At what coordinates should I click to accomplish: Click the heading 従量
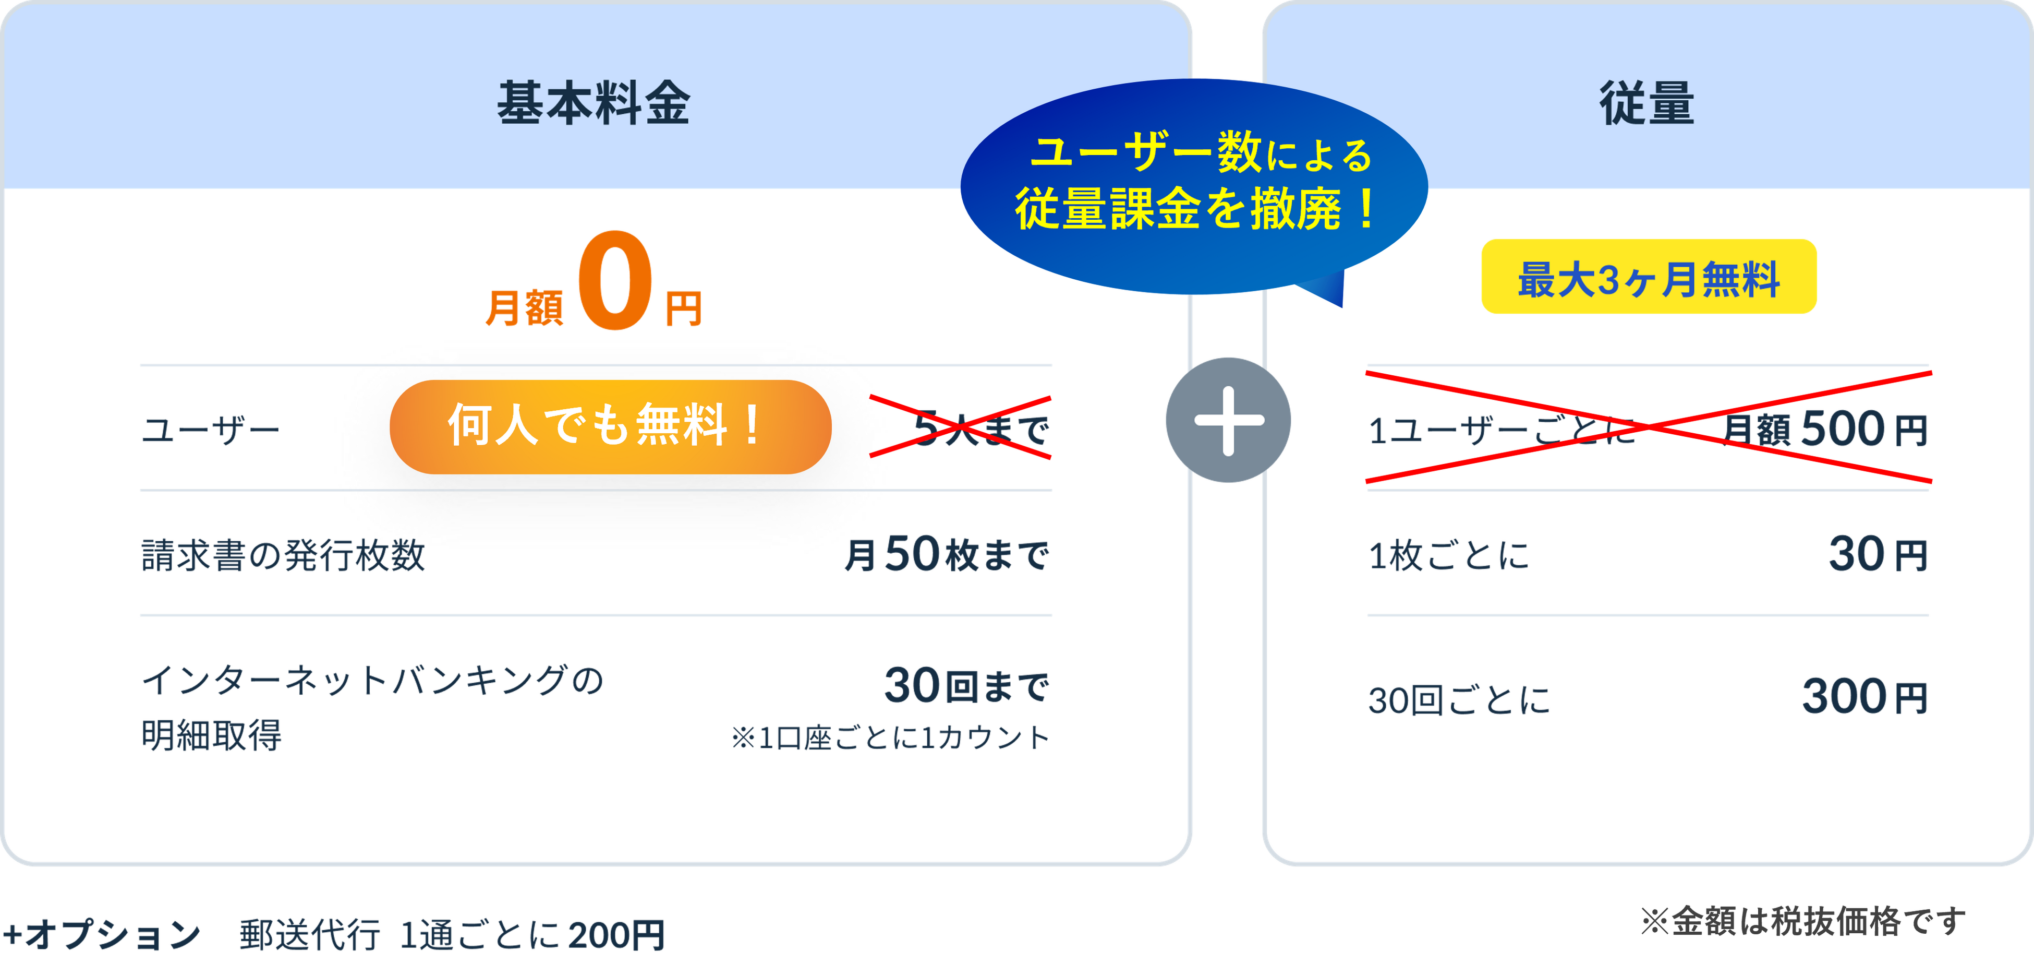point(1646,103)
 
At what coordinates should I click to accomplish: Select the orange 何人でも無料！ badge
point(610,426)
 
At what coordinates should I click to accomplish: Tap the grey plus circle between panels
point(1229,420)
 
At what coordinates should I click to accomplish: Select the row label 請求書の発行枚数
point(283,555)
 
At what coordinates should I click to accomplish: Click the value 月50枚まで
point(946,555)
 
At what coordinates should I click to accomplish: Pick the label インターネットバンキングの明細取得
point(371,707)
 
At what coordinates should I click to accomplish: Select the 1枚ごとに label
point(1449,555)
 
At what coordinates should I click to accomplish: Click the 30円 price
point(1878,555)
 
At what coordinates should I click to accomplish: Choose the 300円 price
point(1864,697)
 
